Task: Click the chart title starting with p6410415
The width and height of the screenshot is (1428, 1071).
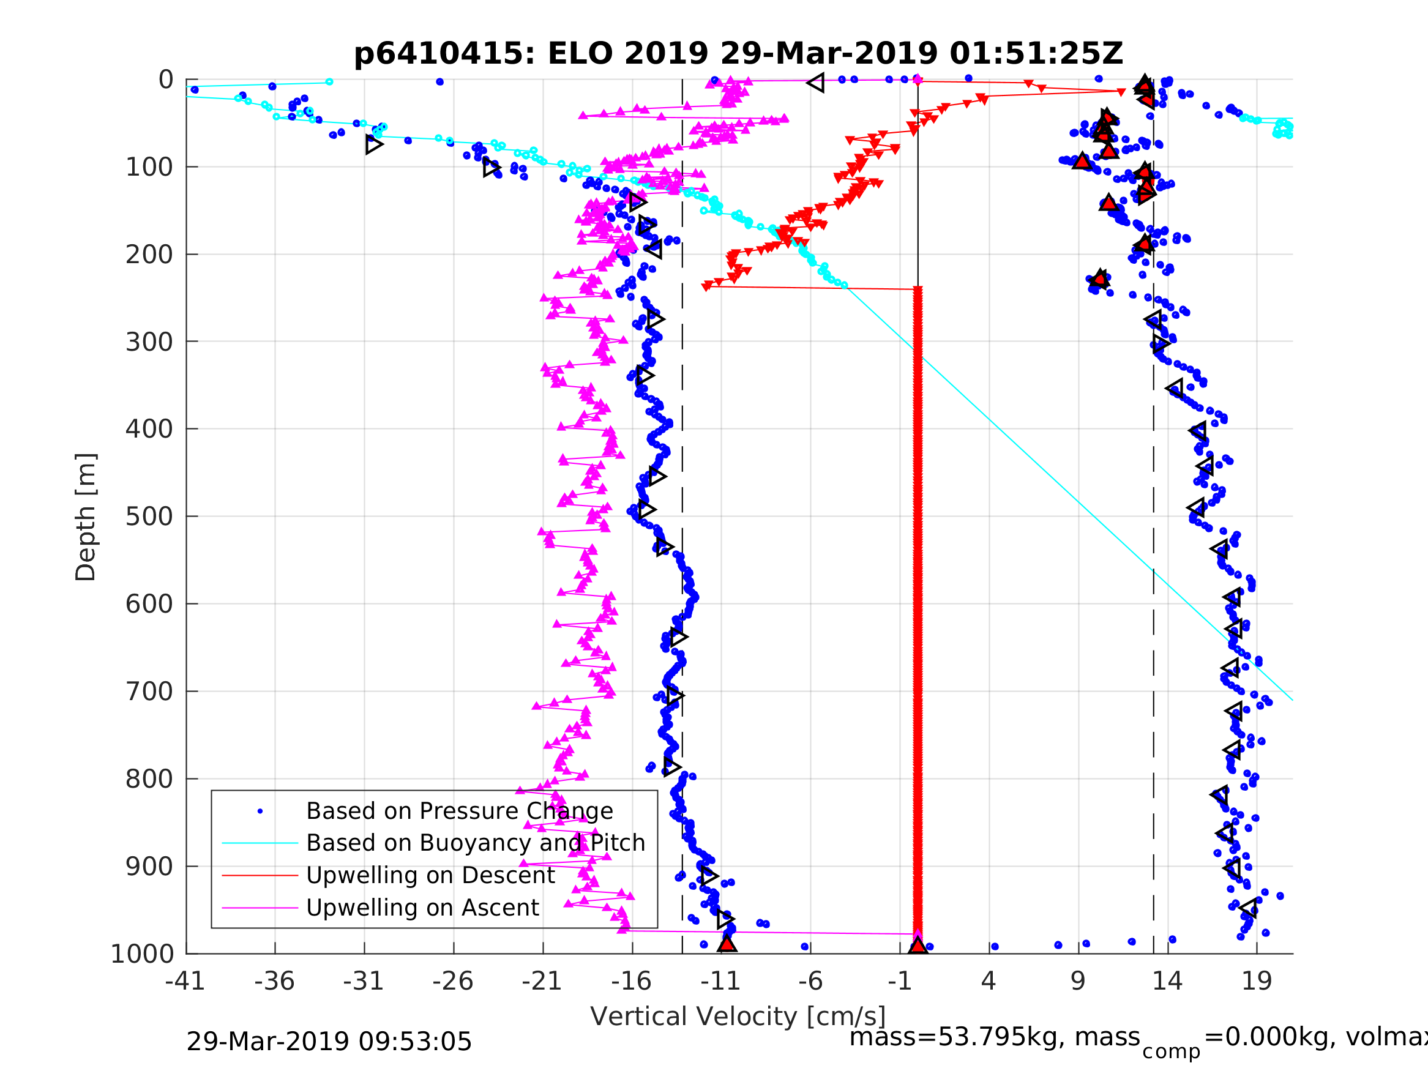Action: [739, 54]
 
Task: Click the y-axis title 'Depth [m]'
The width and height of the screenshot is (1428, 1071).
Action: [86, 517]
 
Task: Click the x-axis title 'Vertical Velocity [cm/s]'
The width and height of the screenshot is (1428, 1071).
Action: [738, 1016]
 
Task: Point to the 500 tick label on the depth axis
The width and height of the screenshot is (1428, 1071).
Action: [149, 517]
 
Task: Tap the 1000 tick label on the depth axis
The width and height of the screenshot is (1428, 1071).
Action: [143, 953]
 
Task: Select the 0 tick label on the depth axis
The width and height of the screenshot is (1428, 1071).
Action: [166, 80]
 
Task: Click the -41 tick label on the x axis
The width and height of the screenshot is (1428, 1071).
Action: [185, 981]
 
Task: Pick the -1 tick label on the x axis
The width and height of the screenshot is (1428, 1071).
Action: [900, 981]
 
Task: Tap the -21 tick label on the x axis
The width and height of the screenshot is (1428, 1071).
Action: [542, 981]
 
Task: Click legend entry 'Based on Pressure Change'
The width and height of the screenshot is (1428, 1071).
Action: [459, 811]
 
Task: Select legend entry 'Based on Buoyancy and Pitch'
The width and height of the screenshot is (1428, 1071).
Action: [476, 843]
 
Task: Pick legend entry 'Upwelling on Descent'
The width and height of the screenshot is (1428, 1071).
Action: [430, 875]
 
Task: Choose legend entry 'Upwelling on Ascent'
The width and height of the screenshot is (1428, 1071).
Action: [422, 907]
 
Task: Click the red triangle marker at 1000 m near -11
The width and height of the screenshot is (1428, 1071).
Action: [727, 944]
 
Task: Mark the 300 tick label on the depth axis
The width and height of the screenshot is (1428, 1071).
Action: [149, 341]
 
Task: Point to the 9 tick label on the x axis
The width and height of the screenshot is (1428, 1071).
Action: [1078, 981]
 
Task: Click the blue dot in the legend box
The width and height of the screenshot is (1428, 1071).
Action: [260, 811]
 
